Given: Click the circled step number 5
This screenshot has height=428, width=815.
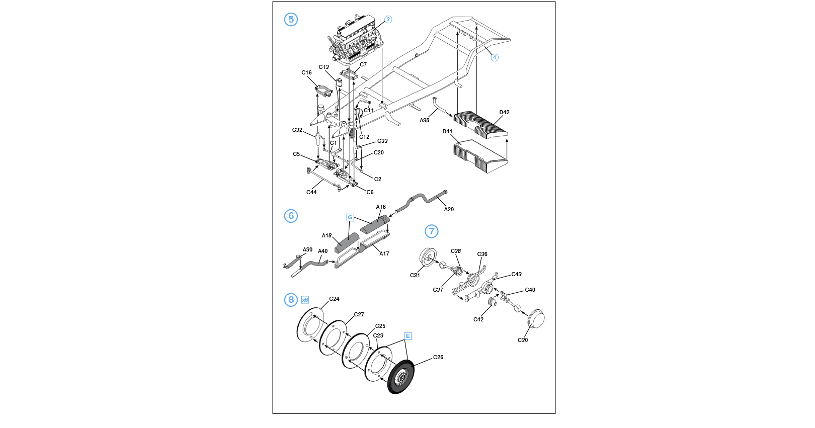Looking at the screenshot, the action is click(x=291, y=19).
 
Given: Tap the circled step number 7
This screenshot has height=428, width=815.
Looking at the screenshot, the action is click(x=432, y=231).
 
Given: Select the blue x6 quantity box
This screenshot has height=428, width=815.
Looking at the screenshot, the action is click(x=305, y=300).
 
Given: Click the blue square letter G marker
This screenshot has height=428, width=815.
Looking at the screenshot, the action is click(x=350, y=217).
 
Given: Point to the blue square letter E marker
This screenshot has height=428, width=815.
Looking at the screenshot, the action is click(x=408, y=336).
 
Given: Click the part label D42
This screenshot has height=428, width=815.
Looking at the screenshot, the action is click(x=504, y=112).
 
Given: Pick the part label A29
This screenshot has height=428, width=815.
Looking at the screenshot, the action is click(x=449, y=209).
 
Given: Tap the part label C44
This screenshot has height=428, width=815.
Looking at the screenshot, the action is click(x=311, y=192).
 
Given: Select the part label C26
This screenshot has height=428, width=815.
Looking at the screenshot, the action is click(x=438, y=358).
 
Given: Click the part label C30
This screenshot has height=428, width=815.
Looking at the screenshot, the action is click(x=523, y=340).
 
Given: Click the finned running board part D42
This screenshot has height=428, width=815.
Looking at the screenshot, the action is click(x=480, y=124).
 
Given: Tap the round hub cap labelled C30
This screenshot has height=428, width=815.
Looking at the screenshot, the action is click(x=536, y=319).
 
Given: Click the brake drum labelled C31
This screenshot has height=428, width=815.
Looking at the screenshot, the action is click(x=428, y=257).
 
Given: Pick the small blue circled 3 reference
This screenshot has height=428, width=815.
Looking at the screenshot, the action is click(x=388, y=19).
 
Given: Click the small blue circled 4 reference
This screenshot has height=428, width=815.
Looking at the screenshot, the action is click(x=495, y=57).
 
